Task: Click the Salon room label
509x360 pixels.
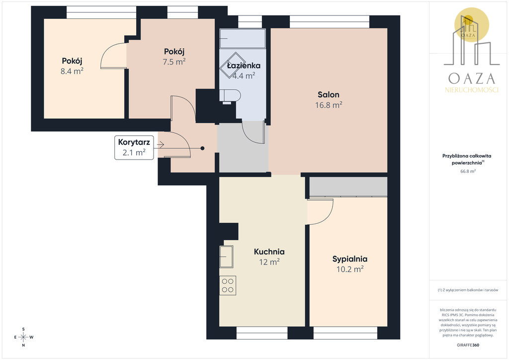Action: coord(329,95)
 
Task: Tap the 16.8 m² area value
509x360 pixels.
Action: coord(329,105)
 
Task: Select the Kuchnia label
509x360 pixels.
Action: coord(269,252)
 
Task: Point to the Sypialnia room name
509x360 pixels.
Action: coord(349,259)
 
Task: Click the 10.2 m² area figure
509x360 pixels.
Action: coord(349,269)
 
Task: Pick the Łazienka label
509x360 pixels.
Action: coord(244,66)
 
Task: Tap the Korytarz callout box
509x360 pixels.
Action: coord(134,148)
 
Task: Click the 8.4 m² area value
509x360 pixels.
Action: coord(72,71)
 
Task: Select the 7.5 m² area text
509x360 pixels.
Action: coord(174,61)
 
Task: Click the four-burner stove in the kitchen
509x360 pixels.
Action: coord(228,285)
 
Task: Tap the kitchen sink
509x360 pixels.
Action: coord(226,257)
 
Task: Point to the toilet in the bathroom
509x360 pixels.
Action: coord(230,96)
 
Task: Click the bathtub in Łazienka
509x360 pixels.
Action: coord(243,39)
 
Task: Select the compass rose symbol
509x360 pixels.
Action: coord(23,337)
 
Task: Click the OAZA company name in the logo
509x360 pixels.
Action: coord(472,79)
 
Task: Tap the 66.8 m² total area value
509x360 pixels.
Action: coord(468,171)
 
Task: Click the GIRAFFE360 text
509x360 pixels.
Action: coord(468,345)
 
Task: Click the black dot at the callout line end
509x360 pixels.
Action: coord(202,148)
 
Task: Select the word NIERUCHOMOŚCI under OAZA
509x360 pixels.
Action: coord(472,90)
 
